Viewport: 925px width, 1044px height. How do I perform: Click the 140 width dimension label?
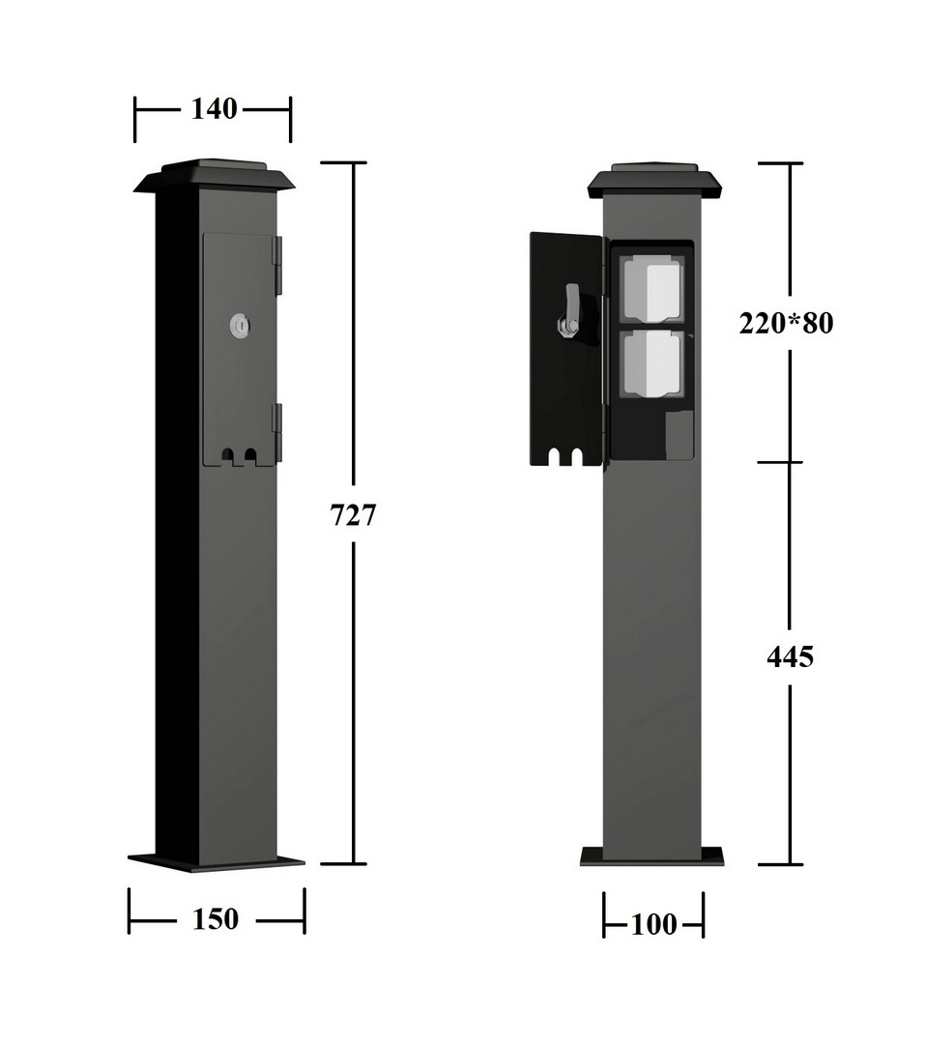pos(214,109)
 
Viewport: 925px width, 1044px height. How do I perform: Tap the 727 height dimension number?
pos(353,514)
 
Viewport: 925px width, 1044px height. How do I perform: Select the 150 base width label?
pos(216,919)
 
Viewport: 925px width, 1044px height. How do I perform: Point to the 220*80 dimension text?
pos(786,323)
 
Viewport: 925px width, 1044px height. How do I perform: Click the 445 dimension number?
pos(790,657)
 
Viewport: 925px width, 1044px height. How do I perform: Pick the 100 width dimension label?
pos(653,924)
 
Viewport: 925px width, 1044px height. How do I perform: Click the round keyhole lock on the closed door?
pos(239,326)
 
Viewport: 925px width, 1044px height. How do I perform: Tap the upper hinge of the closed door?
pos(278,265)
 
